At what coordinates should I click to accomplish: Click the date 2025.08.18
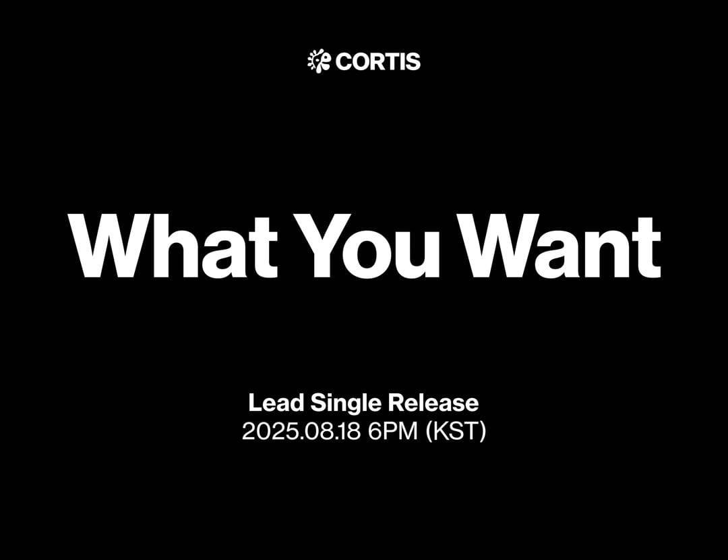[301, 431]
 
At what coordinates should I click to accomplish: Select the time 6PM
[393, 431]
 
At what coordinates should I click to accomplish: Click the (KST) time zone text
[456, 432]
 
